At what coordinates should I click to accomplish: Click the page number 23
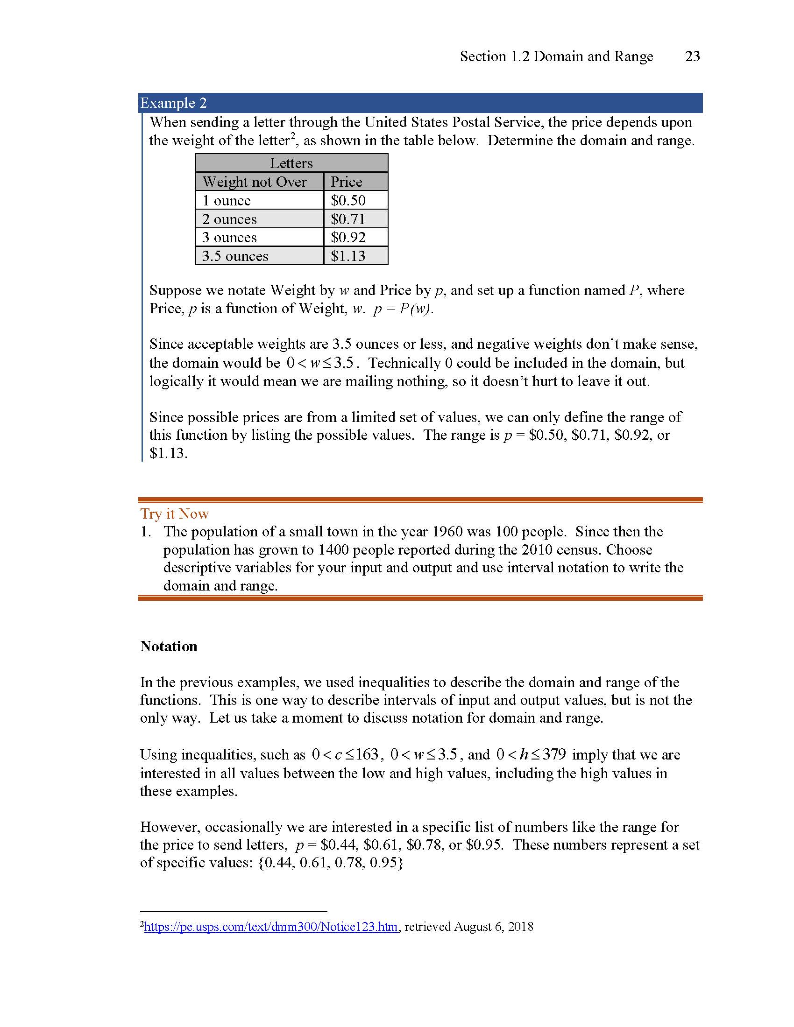click(x=692, y=56)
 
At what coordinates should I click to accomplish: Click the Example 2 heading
click(x=174, y=103)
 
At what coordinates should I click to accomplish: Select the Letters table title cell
click(x=291, y=163)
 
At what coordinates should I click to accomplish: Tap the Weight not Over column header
click(x=255, y=182)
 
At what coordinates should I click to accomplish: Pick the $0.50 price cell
click(x=348, y=200)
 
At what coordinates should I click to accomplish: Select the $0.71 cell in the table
click(x=348, y=219)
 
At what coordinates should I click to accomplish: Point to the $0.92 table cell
click(x=348, y=238)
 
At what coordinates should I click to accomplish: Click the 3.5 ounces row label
click(x=235, y=256)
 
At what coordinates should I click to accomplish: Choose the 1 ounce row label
click(x=226, y=200)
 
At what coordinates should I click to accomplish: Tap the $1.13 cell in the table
click(x=348, y=256)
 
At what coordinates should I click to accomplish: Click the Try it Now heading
click(x=175, y=513)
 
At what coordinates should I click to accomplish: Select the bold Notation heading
click(x=169, y=646)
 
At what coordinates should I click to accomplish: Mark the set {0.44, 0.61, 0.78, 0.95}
click(x=331, y=862)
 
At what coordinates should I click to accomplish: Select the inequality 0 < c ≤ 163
click(x=345, y=755)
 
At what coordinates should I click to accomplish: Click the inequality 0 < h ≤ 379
click(x=531, y=755)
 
